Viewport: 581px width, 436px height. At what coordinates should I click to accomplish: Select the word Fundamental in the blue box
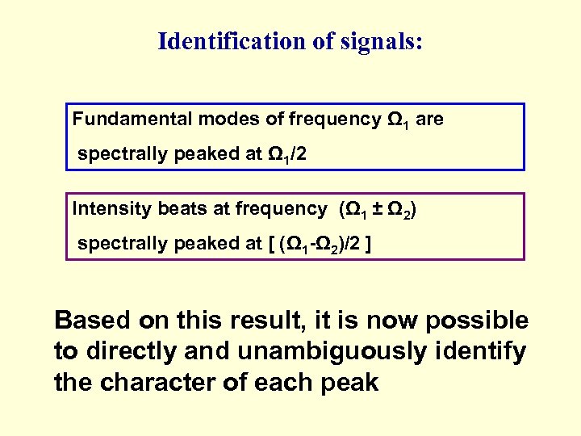(120, 119)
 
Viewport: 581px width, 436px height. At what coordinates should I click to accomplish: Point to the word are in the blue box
(430, 119)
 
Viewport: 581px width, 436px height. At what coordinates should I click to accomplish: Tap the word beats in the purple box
(178, 208)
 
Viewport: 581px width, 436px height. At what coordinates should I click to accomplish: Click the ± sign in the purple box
(375, 208)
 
